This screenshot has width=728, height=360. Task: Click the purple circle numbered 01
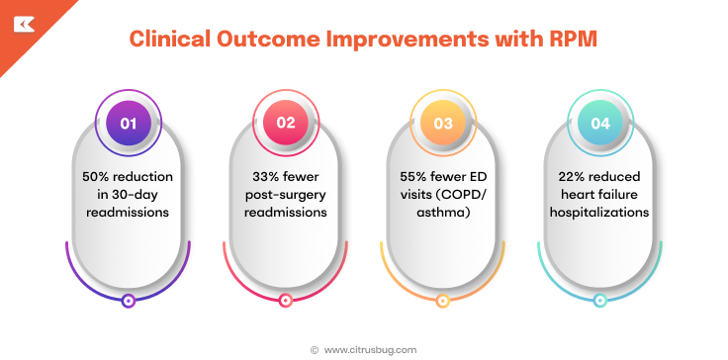[128, 123]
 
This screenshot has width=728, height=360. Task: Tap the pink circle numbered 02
[285, 123]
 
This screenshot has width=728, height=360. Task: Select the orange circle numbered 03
[442, 123]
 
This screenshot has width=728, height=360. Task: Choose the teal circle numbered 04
[599, 123]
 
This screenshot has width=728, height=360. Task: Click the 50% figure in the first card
[97, 175]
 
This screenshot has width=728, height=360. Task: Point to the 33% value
[261, 175]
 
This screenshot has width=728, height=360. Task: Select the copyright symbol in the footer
[315, 349]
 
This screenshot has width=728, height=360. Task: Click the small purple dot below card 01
[128, 302]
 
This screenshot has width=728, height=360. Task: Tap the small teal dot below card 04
[599, 302]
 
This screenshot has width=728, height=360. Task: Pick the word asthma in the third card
[442, 211]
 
